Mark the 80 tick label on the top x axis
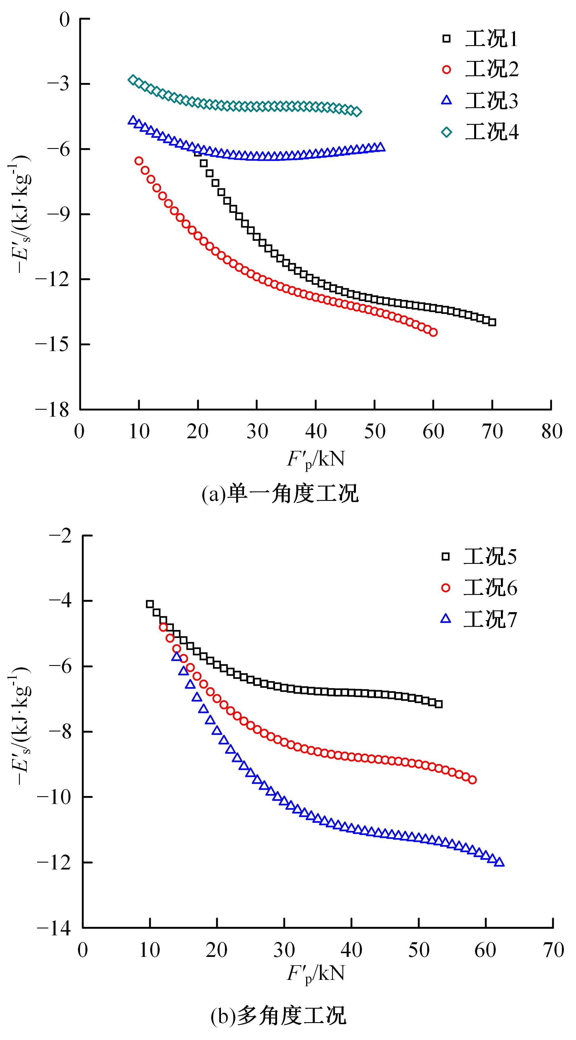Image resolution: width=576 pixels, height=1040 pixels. [x=551, y=432]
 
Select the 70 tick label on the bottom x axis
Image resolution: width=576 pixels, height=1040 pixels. [x=553, y=950]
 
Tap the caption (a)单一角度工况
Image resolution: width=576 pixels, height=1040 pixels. [x=280, y=494]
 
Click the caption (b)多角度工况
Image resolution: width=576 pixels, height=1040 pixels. [x=279, y=1015]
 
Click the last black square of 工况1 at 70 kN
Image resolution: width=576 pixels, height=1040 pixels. [x=492, y=322]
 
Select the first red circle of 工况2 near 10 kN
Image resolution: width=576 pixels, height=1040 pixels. [x=139, y=161]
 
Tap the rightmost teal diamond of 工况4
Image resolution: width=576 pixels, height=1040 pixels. [x=357, y=112]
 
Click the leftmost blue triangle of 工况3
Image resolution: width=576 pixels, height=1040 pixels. [x=132, y=120]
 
